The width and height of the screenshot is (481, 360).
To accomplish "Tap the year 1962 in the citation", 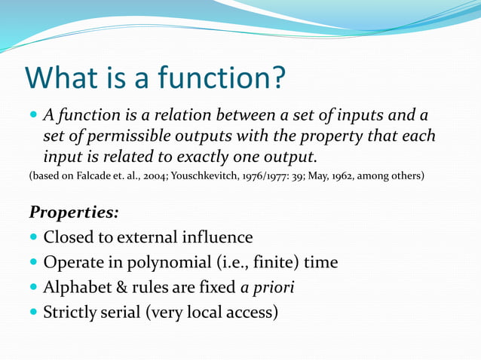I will tap(339, 177).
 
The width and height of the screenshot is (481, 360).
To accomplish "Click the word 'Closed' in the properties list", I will tap(69, 237).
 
